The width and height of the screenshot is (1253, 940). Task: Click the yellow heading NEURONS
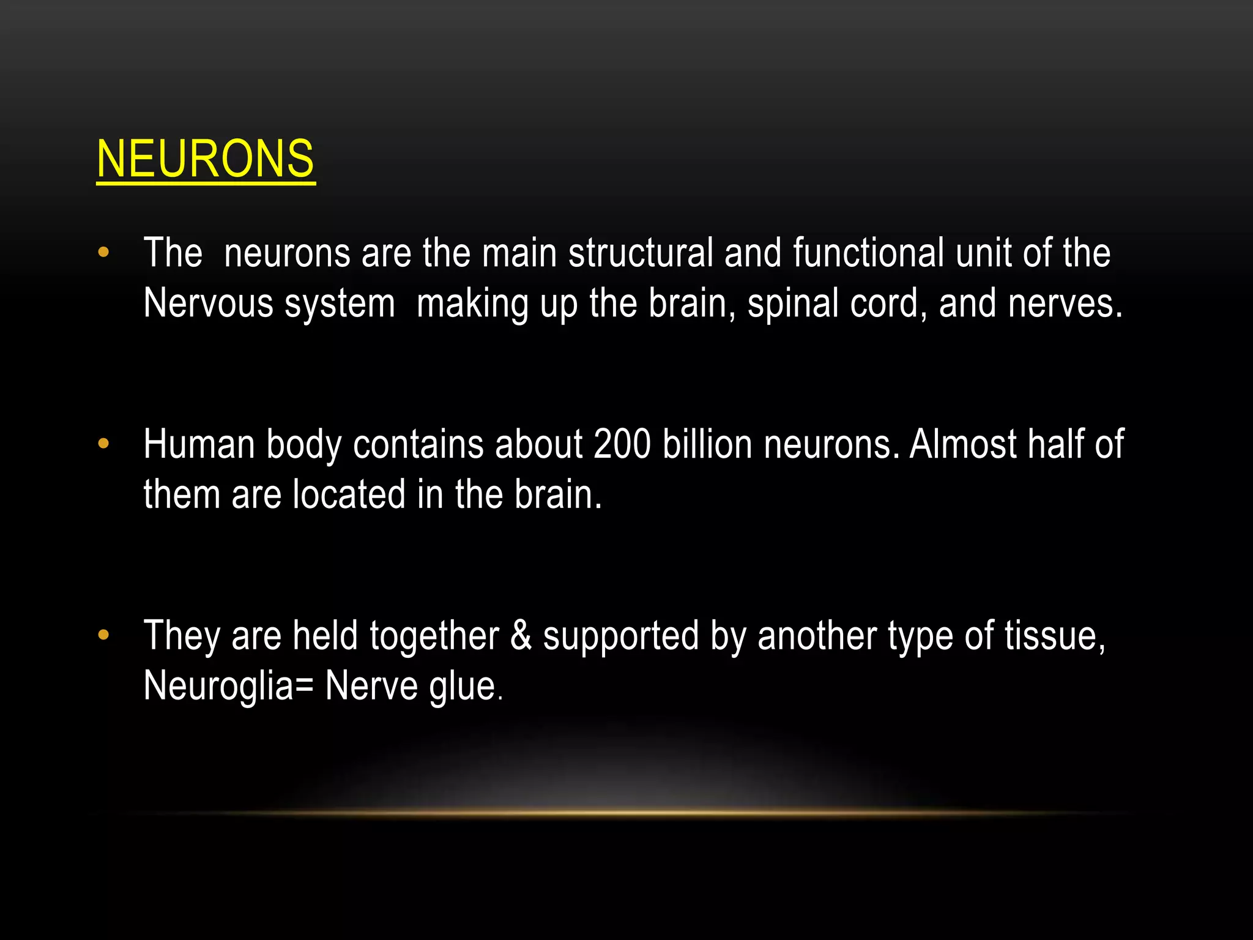(206, 159)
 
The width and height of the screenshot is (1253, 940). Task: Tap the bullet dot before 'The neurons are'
(103, 252)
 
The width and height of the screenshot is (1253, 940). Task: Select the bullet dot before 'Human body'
(103, 444)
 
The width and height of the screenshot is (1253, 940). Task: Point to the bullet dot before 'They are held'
(103, 635)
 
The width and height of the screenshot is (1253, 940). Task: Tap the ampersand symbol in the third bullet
(521, 635)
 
